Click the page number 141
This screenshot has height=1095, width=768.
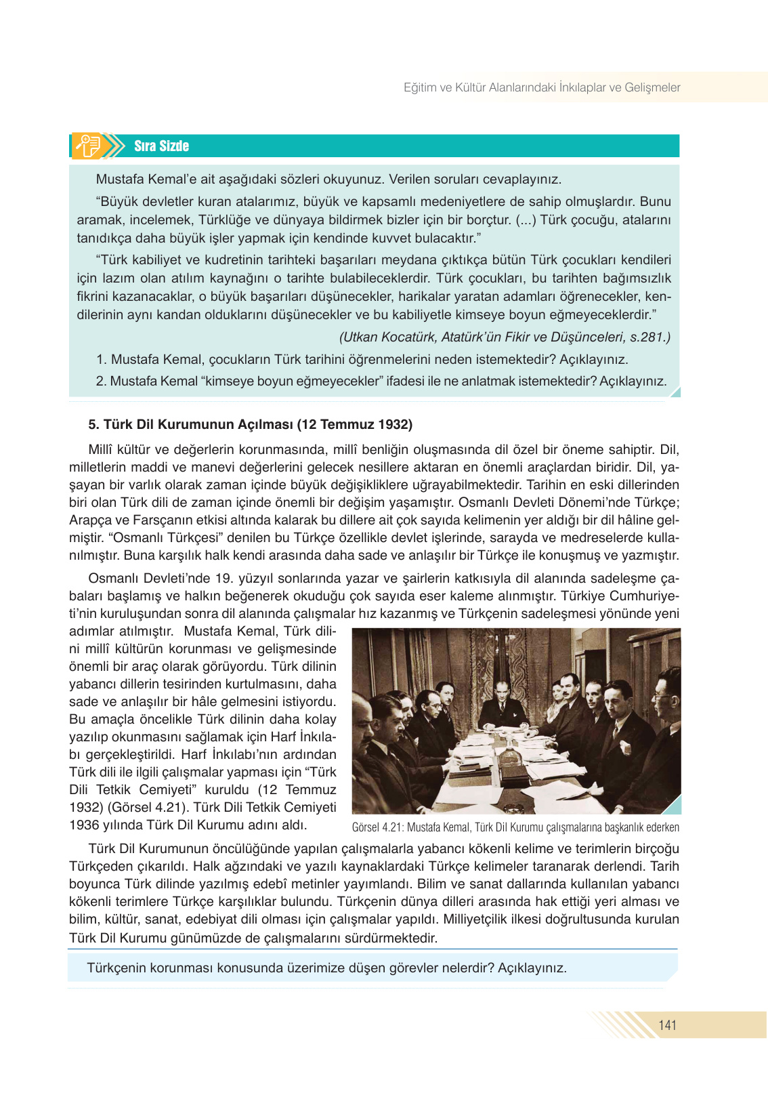coord(667,1025)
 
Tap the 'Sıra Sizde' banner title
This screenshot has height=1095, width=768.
coord(161,146)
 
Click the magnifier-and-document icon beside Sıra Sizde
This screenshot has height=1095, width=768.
coord(89,146)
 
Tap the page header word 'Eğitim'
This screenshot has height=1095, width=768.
coord(420,87)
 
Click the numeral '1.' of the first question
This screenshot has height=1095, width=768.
coord(102,360)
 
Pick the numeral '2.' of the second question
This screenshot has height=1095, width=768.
coord(102,381)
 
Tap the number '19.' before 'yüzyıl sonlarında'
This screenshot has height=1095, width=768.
coord(224,579)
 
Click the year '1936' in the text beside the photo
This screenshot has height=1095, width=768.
coord(85,825)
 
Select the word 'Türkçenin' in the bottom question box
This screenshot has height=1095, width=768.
coord(116,968)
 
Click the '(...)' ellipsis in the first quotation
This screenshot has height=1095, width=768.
coord(526,220)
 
